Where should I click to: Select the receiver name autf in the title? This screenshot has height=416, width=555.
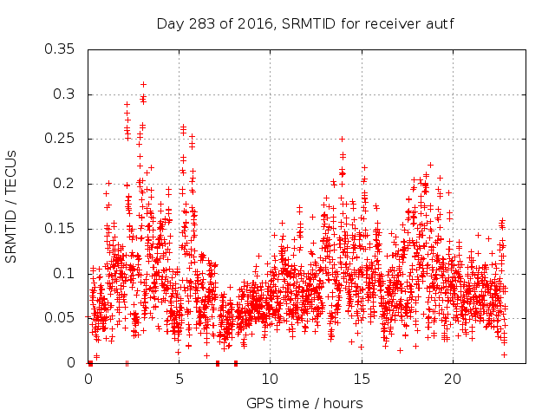click(441, 23)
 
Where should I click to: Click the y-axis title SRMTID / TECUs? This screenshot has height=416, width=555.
click(12, 206)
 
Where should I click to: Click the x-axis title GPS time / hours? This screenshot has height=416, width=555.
click(304, 403)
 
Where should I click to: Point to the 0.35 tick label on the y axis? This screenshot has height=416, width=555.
click(61, 49)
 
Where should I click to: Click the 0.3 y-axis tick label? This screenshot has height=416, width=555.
click(64, 94)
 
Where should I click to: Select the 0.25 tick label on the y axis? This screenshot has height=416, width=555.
click(61, 139)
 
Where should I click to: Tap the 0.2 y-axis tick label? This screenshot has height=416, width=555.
click(64, 184)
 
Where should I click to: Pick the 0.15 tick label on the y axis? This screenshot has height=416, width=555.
click(61, 229)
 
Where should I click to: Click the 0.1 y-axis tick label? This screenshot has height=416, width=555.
click(64, 273)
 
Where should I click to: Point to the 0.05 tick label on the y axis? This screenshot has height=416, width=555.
click(61, 318)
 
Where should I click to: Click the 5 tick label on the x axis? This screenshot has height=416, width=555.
click(180, 380)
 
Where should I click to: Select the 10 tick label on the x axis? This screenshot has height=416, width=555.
click(270, 380)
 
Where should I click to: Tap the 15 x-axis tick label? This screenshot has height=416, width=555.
click(361, 380)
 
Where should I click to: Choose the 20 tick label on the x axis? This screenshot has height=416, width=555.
click(452, 380)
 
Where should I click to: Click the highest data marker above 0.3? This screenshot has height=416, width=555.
click(143, 84)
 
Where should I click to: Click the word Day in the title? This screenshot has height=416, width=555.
click(168, 23)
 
